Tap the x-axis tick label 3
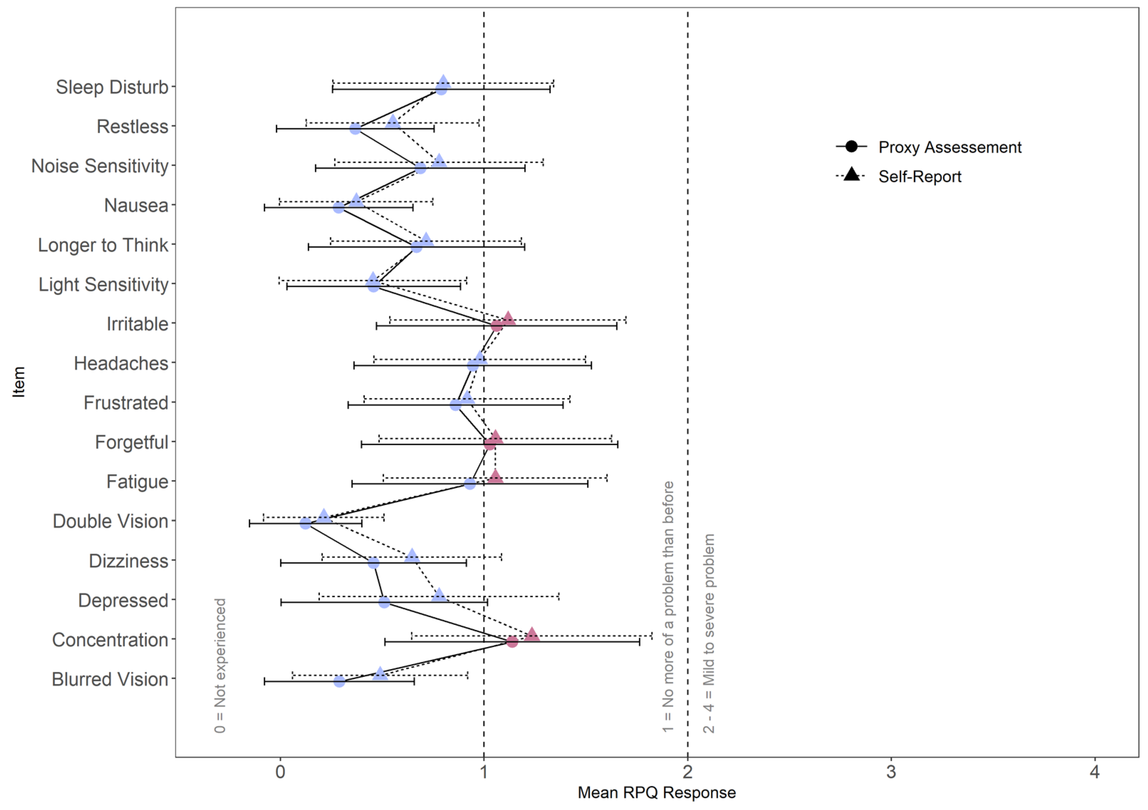891,772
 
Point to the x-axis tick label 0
280,772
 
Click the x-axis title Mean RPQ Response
656,792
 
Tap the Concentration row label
110,640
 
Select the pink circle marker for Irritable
496,326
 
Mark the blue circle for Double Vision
306,523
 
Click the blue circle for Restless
355,129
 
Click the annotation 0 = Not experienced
220,665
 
